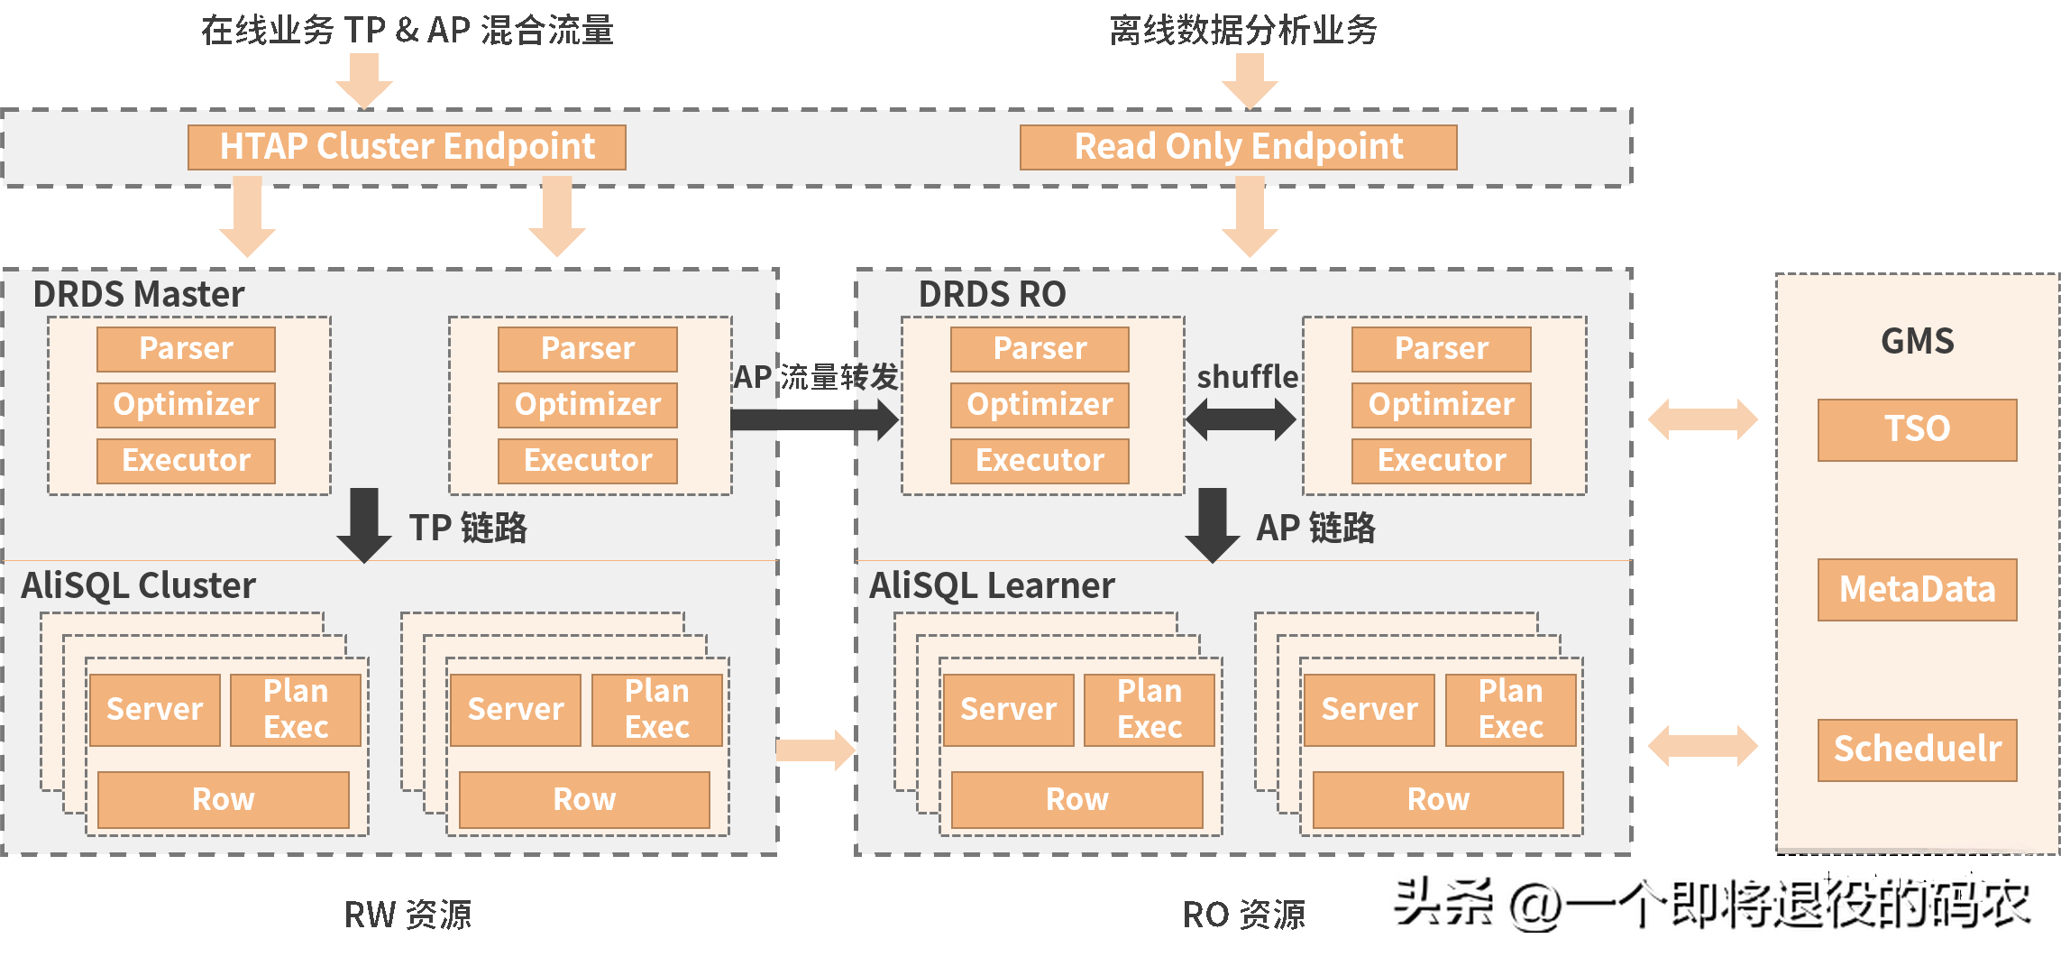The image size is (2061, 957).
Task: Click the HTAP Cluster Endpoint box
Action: pyautogui.click(x=407, y=147)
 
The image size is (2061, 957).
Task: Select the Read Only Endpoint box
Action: pyautogui.click(x=1238, y=147)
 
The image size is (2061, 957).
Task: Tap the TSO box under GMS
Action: pyautogui.click(x=1917, y=429)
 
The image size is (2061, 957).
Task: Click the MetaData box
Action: pyautogui.click(x=1917, y=590)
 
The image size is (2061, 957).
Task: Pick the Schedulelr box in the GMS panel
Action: pyautogui.click(x=1917, y=750)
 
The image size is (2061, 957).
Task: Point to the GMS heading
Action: pyautogui.click(x=1917, y=341)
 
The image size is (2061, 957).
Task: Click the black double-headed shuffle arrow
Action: pyautogui.click(x=1241, y=419)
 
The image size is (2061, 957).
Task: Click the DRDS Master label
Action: pyautogui.click(x=138, y=294)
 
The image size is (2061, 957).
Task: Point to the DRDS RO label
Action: pyautogui.click(x=992, y=294)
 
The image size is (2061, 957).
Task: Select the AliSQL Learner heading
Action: pyautogui.click(x=992, y=586)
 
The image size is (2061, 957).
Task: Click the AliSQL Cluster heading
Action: pyautogui.click(x=138, y=586)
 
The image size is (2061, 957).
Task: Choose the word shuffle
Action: pyautogui.click(x=1247, y=376)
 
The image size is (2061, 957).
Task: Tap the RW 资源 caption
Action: pyautogui.click(x=408, y=915)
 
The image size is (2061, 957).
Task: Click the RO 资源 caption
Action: pyautogui.click(x=1243, y=915)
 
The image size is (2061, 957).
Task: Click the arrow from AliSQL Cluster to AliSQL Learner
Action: pyautogui.click(x=815, y=750)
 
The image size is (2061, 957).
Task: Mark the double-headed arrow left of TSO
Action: pyautogui.click(x=1702, y=419)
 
